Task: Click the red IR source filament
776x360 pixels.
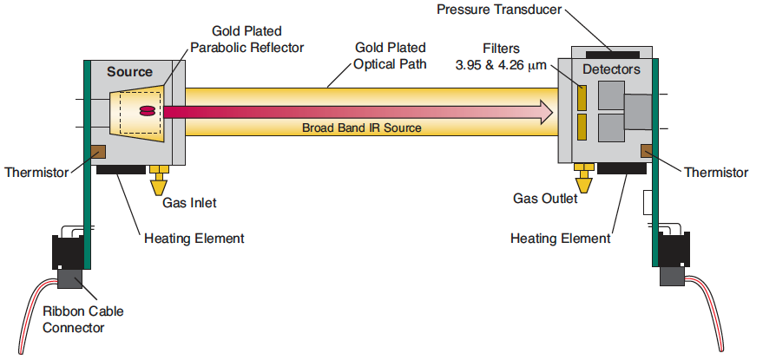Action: (148, 111)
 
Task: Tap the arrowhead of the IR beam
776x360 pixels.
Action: (546, 112)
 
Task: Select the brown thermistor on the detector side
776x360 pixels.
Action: (648, 151)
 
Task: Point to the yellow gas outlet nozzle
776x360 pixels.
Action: (584, 178)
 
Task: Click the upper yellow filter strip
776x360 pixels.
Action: (582, 97)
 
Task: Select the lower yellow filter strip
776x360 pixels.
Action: (582, 127)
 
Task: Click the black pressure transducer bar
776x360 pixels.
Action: (612, 55)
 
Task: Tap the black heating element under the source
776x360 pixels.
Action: (121, 170)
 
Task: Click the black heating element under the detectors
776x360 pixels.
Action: (621, 168)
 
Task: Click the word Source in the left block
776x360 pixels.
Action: (129, 72)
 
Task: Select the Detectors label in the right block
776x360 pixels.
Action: (611, 69)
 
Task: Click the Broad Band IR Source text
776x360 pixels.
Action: (362, 128)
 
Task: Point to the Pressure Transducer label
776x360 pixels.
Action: (499, 10)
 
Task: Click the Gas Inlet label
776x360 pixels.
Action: (189, 203)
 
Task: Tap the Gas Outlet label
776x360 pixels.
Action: (545, 199)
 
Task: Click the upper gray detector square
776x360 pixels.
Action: (611, 95)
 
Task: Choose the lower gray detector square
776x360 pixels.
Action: (611, 128)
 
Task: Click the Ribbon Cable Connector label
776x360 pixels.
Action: (83, 319)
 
